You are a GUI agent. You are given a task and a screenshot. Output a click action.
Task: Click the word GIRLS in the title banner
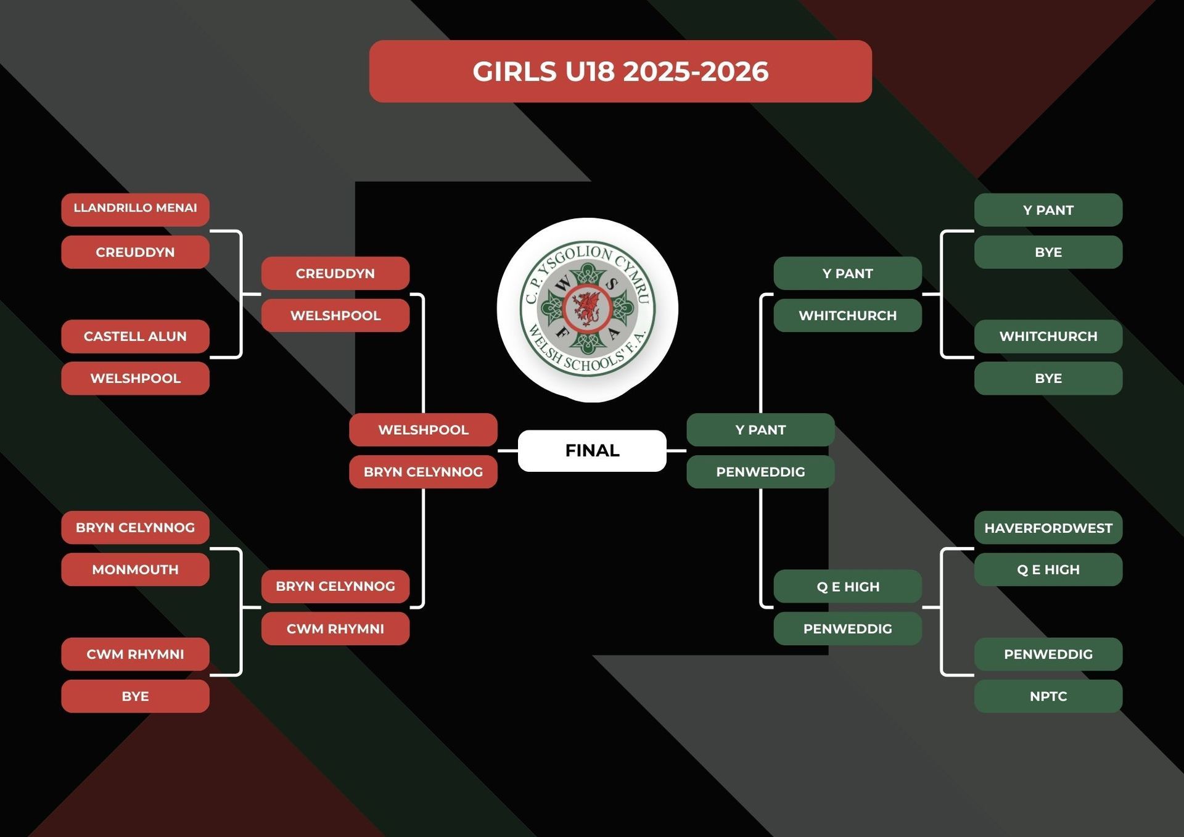tap(514, 72)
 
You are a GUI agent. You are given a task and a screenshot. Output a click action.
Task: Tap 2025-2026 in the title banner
tap(696, 72)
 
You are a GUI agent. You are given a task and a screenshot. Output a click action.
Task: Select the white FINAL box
tap(592, 450)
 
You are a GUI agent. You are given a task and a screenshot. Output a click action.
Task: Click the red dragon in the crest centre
tap(586, 308)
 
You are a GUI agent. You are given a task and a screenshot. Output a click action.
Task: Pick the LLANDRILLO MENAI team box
tap(135, 208)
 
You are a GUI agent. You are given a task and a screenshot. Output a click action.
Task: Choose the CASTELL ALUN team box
tap(135, 336)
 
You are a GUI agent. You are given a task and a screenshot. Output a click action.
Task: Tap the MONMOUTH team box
tap(135, 569)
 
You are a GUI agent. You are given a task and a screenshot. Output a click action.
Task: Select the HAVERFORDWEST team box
tap(1048, 527)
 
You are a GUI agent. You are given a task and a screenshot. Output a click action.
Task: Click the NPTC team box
tap(1048, 696)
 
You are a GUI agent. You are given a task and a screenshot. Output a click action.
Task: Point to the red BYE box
tap(135, 696)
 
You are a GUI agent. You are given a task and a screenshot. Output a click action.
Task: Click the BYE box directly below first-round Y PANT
tap(1048, 252)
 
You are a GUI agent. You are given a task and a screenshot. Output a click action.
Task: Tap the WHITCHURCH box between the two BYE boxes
tap(1048, 336)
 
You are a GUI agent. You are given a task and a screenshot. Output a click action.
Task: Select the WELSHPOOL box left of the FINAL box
tap(423, 429)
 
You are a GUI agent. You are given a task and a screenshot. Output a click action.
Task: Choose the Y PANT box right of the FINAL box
tap(760, 429)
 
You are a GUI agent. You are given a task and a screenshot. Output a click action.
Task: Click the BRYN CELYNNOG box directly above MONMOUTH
tap(135, 527)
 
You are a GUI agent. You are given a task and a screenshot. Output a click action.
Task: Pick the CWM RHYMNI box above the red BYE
tap(135, 654)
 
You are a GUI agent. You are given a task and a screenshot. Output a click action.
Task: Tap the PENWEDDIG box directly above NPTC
tap(1048, 654)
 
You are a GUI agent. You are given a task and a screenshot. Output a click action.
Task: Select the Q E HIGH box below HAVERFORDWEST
tap(1048, 569)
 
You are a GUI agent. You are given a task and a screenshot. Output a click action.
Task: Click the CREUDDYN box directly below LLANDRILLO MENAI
tap(135, 252)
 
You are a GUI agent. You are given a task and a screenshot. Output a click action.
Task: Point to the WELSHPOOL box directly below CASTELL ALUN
tap(135, 378)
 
